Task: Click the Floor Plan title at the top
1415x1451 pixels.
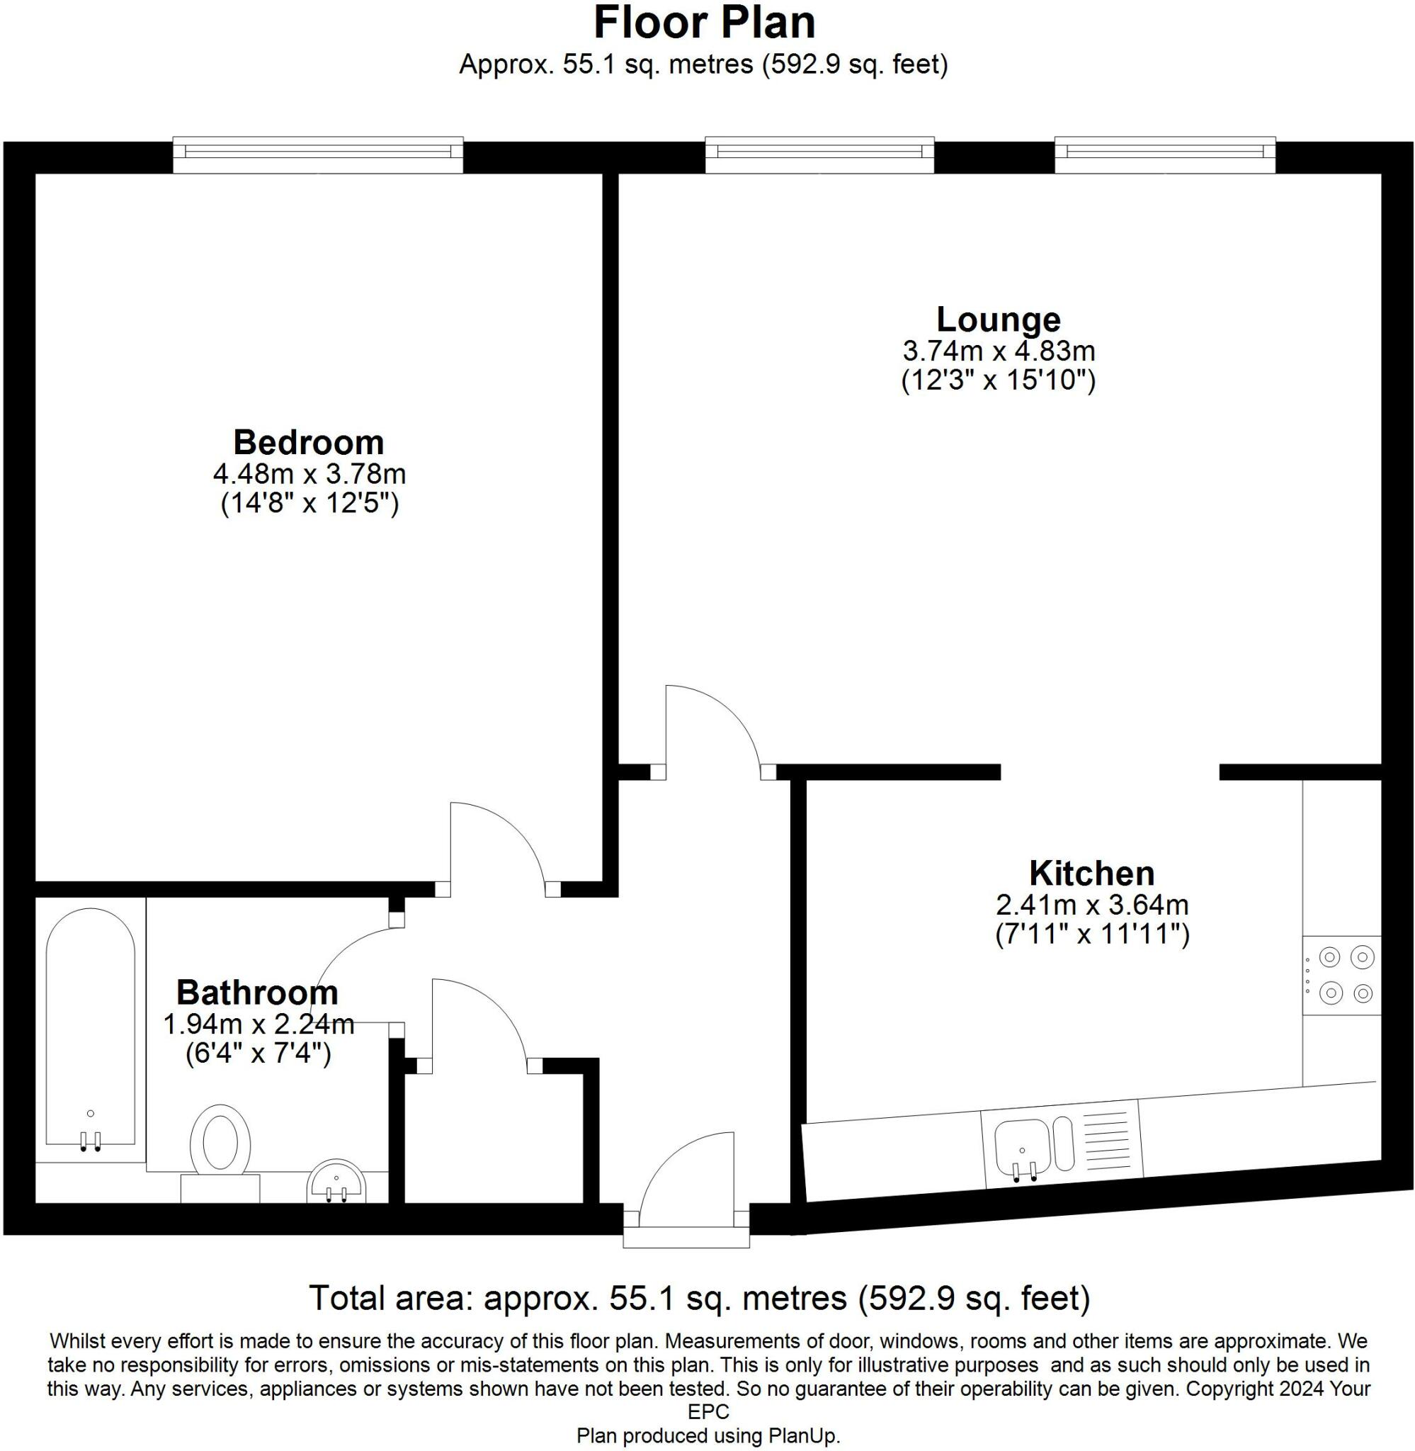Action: tap(704, 24)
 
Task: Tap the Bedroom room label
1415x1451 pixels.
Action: tap(308, 442)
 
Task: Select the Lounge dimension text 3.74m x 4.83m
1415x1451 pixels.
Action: tap(998, 350)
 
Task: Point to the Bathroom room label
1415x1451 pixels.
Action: tap(257, 993)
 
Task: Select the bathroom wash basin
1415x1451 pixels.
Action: tap(336, 1182)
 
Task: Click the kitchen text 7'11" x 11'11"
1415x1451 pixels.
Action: tap(1092, 935)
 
